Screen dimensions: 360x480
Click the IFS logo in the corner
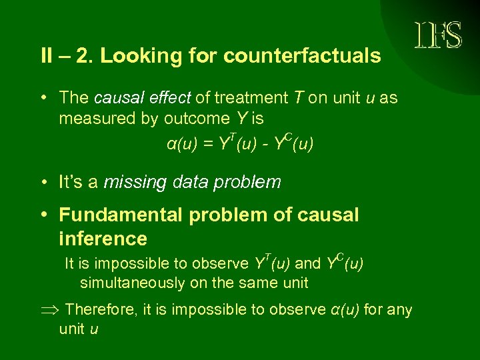pyautogui.click(x=439, y=35)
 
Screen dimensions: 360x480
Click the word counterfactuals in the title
pyautogui.click(x=302, y=56)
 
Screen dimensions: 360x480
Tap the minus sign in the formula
pyautogui.click(x=271, y=144)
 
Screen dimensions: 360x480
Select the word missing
pyautogui.click(x=133, y=182)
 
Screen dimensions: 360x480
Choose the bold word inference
pyautogui.click(x=103, y=239)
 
